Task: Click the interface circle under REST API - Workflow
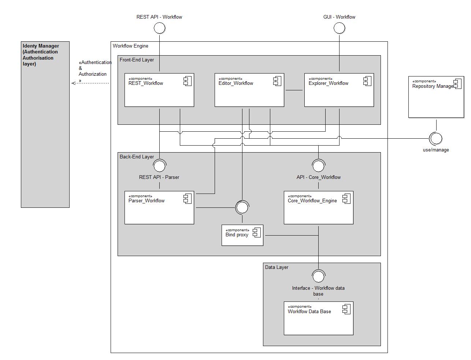tap(159, 28)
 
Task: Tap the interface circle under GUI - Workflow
tap(339, 28)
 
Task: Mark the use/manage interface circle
tap(435, 139)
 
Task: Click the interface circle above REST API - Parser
tap(159, 166)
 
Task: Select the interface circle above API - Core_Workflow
tap(318, 166)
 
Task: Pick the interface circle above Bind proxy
tap(242, 207)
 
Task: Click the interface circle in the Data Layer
tap(318, 276)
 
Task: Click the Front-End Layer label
tap(137, 60)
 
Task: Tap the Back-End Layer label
tap(137, 157)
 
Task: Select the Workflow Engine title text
tap(130, 46)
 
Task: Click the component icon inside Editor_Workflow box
tap(277, 81)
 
